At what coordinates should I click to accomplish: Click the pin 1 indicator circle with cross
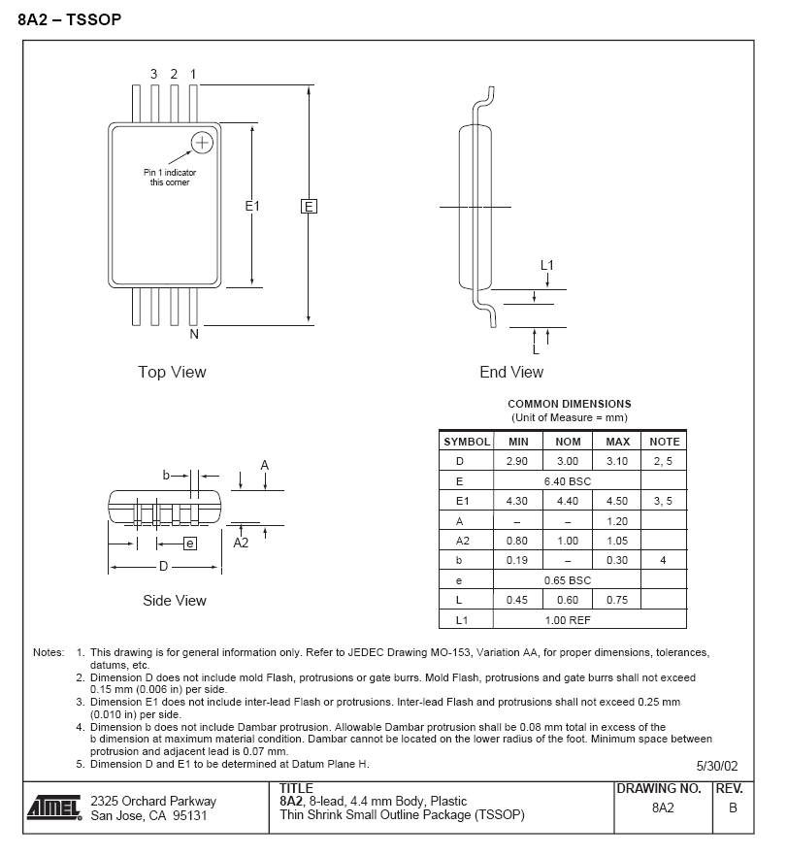(x=202, y=143)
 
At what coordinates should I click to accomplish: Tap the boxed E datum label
(x=309, y=207)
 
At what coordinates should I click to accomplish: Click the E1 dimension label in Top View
(x=252, y=207)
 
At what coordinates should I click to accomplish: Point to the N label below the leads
(x=194, y=335)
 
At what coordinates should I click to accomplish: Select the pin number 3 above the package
(x=154, y=74)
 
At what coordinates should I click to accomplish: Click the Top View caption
(x=172, y=372)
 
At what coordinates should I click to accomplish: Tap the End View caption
(x=511, y=372)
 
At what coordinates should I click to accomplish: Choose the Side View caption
(x=175, y=601)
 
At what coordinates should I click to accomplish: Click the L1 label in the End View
(x=547, y=265)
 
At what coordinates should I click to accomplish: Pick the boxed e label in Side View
(x=190, y=544)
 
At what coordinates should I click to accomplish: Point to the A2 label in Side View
(x=242, y=544)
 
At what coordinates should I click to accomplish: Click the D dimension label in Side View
(x=163, y=567)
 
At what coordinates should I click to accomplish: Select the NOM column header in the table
(x=568, y=442)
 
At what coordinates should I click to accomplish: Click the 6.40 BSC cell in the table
(x=568, y=481)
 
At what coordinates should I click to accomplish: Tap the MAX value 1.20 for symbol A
(x=617, y=521)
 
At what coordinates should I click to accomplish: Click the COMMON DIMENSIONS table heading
(x=569, y=404)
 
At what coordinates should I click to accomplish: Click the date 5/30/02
(x=717, y=765)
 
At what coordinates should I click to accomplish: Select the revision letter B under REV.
(x=733, y=808)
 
